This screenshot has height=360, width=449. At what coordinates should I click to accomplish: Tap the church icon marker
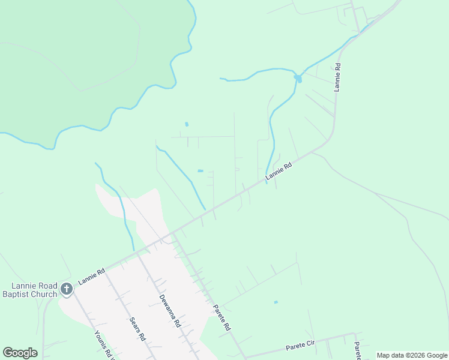(67, 290)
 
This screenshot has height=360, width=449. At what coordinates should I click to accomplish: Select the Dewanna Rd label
(170, 310)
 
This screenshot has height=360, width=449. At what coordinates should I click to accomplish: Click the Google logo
(20, 353)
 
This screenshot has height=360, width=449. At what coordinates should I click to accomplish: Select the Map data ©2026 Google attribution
(412, 355)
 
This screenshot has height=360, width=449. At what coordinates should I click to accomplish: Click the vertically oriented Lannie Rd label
(338, 77)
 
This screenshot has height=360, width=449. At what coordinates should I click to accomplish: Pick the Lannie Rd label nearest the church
(91, 277)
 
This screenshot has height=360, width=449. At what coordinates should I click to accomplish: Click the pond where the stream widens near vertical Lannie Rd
(298, 78)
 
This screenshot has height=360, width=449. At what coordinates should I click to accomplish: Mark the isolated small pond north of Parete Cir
(276, 302)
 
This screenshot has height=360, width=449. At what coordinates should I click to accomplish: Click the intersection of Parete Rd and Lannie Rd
(172, 233)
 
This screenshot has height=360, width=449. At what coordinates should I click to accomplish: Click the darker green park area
(66, 60)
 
